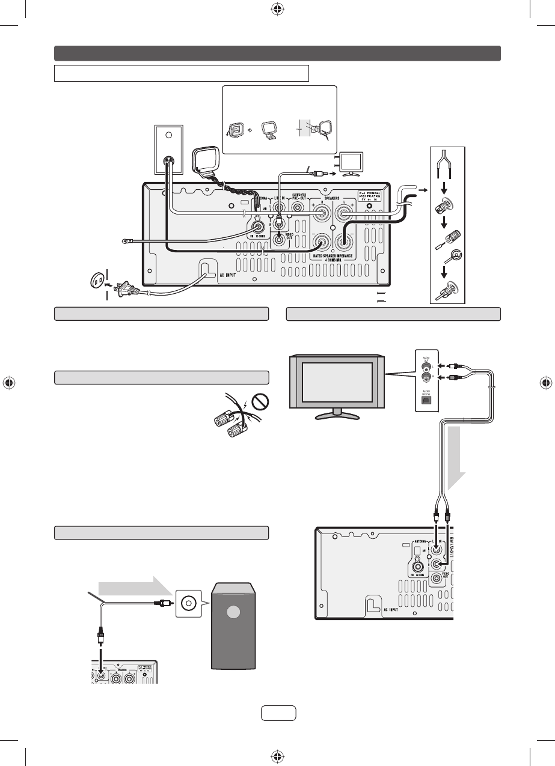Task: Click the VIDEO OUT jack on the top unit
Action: point(280,240)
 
